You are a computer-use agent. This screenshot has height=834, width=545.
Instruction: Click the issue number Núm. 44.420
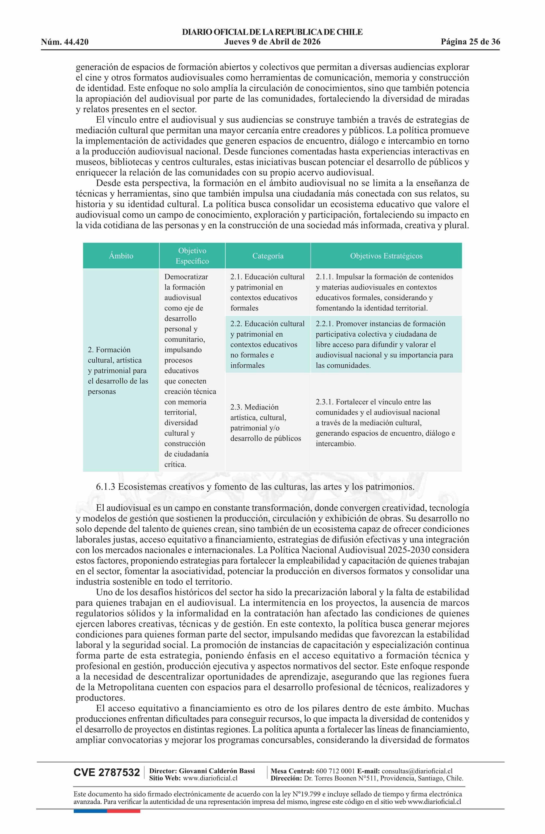pos(65,42)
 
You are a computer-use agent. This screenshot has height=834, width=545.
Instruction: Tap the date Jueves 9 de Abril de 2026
pos(272,42)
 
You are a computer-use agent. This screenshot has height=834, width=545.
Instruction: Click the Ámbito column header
pos(121,256)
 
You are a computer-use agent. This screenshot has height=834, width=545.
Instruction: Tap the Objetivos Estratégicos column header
pos(386,256)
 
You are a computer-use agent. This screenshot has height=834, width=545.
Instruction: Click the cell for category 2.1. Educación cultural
pos(268,292)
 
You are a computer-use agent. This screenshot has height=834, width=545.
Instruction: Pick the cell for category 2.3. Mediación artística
pos(268,422)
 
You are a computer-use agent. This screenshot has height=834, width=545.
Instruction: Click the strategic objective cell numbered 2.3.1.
pos(386,422)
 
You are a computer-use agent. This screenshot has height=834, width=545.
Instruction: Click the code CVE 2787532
pos(106,782)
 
